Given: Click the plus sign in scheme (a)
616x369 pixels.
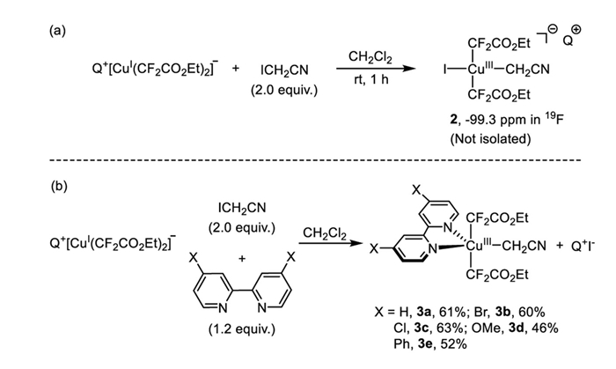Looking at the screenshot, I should pyautogui.click(x=235, y=69).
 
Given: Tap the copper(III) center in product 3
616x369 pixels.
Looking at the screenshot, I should pyautogui.click(x=485, y=245).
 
